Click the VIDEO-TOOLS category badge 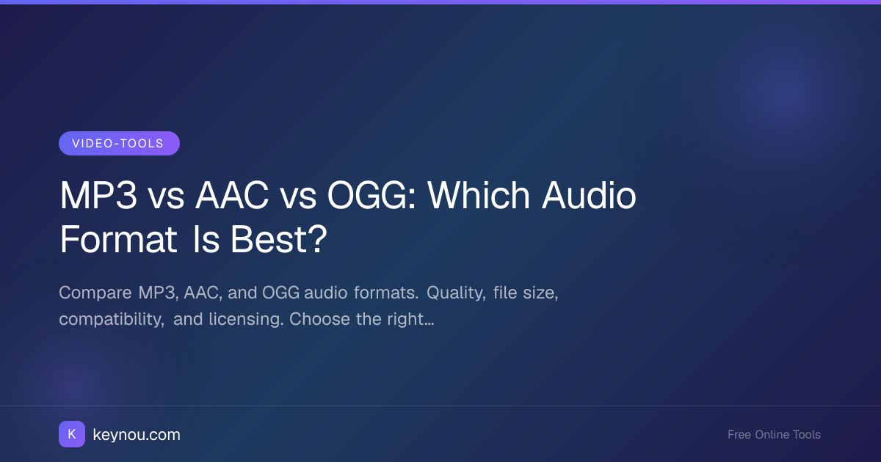[119, 144]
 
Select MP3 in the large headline [98, 195]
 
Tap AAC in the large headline [232, 195]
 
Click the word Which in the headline [479, 195]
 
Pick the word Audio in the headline [589, 195]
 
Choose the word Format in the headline [118, 239]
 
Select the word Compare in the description [95, 293]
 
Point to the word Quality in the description [456, 293]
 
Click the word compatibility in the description [112, 320]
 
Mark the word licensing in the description [246, 320]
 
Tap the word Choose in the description [319, 319]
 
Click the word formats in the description [386, 293]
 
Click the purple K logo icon [72, 434]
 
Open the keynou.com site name [137, 435]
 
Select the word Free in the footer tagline [739, 434]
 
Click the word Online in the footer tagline [772, 434]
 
